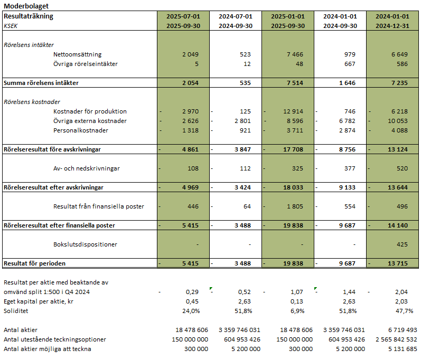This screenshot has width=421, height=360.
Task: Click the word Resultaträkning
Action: (x=29, y=16)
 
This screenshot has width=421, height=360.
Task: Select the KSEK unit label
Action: (x=12, y=25)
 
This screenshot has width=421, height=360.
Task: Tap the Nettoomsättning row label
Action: (x=77, y=54)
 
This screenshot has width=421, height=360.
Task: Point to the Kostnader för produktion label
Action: (x=90, y=111)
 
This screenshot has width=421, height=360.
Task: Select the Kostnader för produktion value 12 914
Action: (x=292, y=111)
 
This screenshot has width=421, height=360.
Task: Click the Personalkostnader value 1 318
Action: (x=188, y=130)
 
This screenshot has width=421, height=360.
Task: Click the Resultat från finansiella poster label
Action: (x=99, y=206)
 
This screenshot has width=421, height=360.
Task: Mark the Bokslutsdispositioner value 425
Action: (x=401, y=244)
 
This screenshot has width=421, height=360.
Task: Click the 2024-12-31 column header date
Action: (x=392, y=25)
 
